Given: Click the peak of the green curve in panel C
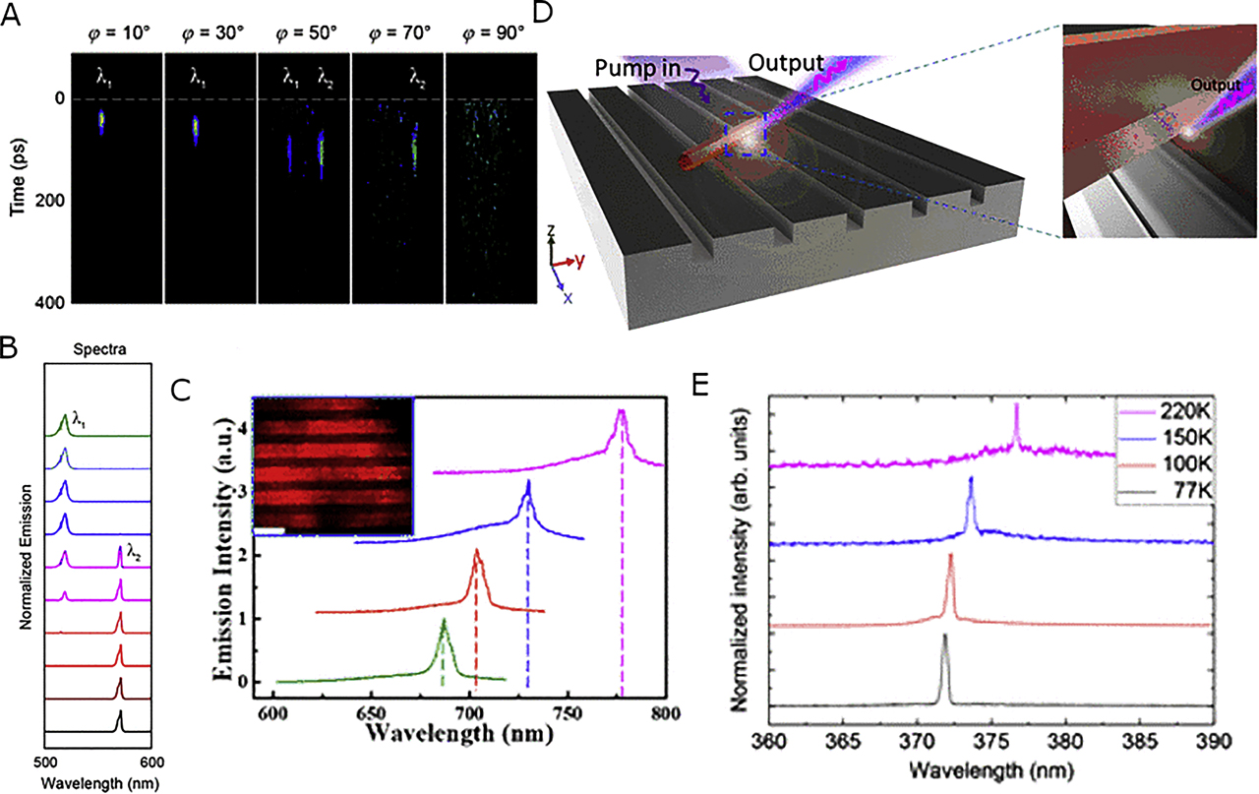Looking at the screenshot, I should [444, 620].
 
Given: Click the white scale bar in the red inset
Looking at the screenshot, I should [270, 530].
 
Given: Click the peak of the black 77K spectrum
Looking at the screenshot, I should [944, 636].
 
